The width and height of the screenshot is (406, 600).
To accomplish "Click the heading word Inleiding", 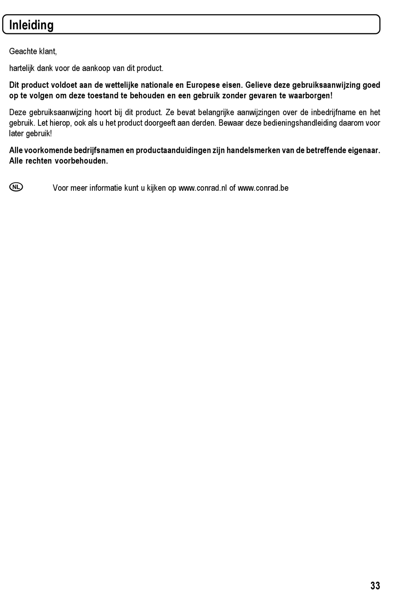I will point(31,25).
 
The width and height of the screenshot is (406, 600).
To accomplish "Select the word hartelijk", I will point(21,68).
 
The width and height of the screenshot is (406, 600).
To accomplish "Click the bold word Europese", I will point(203,85).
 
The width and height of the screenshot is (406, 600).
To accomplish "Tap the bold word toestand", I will point(102,95).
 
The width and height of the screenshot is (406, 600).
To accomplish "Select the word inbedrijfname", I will point(333,113).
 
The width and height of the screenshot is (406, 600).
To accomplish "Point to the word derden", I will point(205,123).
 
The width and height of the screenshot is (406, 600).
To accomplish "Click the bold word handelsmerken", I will point(253,150).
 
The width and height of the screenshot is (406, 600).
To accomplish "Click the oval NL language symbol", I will point(16,187).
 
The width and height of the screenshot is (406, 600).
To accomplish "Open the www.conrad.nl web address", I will point(203,188).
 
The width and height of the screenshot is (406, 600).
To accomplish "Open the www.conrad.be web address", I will point(263,188).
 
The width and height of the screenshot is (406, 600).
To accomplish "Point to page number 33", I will point(375,585).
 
